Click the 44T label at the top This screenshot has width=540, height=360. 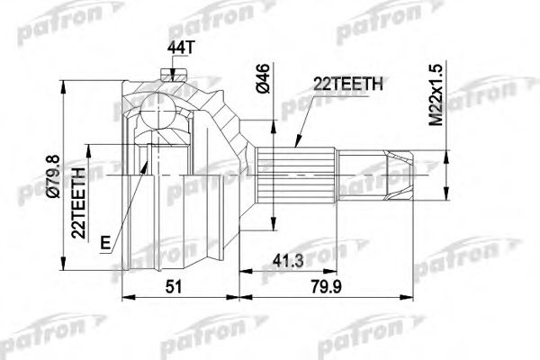point(181,48)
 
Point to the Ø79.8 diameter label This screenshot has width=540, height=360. point(54,176)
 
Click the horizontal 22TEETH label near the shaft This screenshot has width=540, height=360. point(348,84)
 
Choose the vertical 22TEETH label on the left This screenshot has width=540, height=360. point(78,203)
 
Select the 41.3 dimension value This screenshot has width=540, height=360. point(288,261)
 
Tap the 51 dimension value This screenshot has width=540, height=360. point(173,286)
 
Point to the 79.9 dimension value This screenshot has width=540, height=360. point(326,286)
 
